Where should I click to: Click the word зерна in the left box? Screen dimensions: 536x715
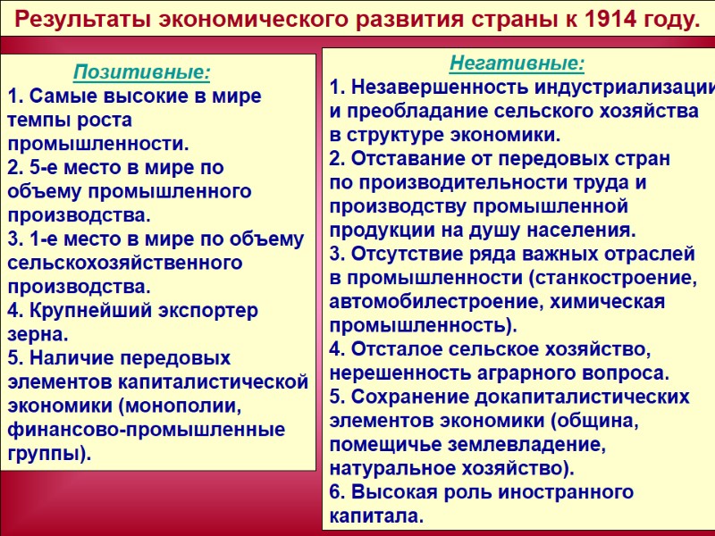coord(38,335)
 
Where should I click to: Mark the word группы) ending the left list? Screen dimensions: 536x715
coord(50,454)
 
